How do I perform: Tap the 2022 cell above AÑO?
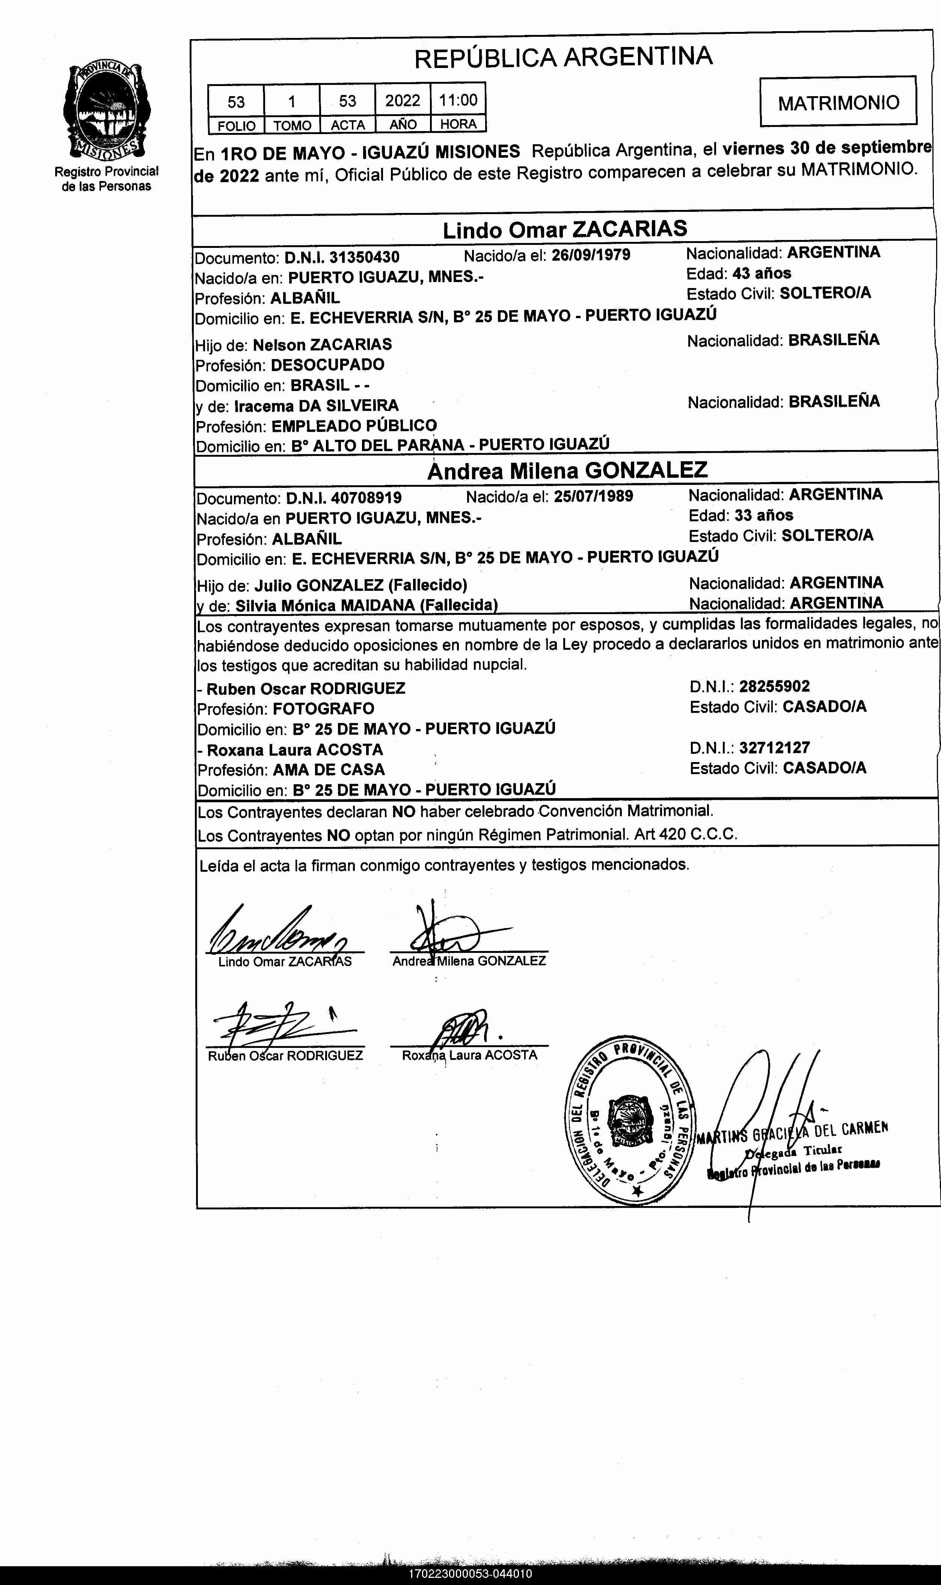[x=403, y=101]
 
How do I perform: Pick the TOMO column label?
[x=292, y=125]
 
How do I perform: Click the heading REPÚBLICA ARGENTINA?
[x=563, y=57]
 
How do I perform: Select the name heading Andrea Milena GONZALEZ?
[x=567, y=470]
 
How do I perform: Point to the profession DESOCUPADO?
[x=327, y=365]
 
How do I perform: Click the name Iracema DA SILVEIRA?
[x=317, y=405]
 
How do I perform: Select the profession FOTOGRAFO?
[x=323, y=708]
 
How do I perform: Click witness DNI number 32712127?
[x=774, y=748]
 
